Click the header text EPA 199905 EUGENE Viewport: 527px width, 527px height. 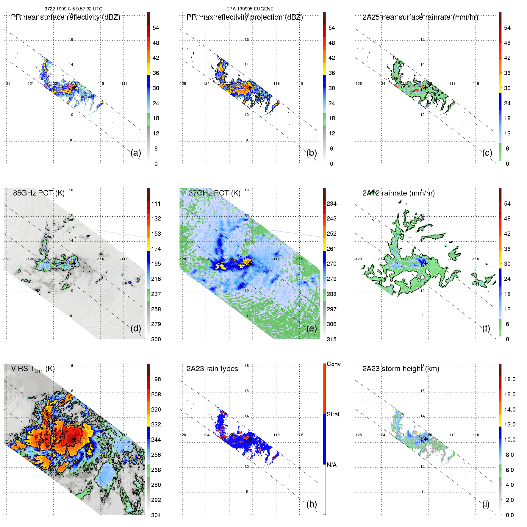(250, 9)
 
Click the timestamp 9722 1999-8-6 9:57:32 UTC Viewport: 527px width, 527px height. (74, 9)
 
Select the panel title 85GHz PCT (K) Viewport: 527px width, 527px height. (39, 193)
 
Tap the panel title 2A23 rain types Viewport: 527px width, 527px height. (212, 369)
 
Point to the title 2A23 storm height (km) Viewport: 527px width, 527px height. (401, 369)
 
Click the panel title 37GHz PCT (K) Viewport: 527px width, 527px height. (214, 193)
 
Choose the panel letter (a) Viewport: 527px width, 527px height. (136, 153)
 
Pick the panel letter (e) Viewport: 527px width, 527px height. (312, 328)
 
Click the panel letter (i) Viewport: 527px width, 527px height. (486, 504)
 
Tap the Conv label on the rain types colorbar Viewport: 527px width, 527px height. (334, 364)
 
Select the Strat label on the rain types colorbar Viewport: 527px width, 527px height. (333, 414)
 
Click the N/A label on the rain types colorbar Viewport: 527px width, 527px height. (331, 465)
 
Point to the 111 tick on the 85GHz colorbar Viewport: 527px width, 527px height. (156, 204)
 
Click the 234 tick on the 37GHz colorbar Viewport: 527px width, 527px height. (331, 204)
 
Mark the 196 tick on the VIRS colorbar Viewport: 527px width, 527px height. (156, 379)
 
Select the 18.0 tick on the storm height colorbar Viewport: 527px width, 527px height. (509, 379)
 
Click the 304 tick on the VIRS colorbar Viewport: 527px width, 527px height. (156, 515)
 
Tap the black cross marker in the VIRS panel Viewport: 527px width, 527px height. (74, 439)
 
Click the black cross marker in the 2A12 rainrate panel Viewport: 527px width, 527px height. (426, 263)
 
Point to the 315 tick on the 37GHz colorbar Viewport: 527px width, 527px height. (331, 339)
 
